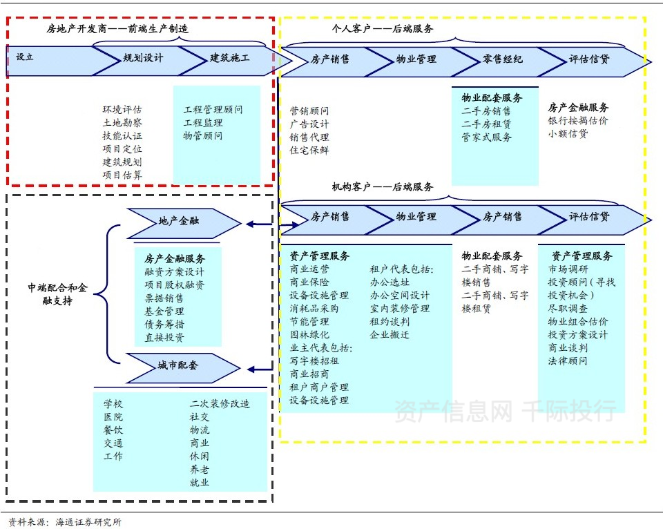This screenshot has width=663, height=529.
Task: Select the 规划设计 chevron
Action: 143,59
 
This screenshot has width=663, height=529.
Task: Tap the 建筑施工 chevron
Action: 230,59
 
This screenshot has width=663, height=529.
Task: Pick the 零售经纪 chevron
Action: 503,60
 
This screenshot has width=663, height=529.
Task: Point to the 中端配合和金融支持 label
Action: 58,294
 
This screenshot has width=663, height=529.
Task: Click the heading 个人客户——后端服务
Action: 383,28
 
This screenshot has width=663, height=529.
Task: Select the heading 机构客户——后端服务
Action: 383,186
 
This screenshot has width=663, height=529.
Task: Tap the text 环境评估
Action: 122,110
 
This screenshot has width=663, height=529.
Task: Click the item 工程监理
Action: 202,123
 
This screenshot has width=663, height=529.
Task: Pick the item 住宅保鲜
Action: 309,150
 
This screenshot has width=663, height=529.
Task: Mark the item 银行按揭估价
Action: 578,121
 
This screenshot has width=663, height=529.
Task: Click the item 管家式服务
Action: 487,137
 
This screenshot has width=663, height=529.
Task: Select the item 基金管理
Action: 164,311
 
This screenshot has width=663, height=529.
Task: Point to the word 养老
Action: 200,470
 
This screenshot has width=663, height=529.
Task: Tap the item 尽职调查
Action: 568,309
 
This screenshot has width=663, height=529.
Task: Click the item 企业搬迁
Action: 390,335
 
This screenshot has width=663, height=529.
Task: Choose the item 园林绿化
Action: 309,335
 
